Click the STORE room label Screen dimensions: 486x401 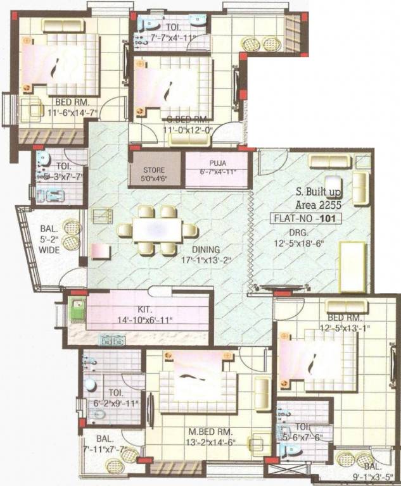pyautogui.click(x=154, y=170)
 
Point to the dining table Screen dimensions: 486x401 pyautogui.click(x=157, y=230)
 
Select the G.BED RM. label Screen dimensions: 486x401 pyautogui.click(x=184, y=119)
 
